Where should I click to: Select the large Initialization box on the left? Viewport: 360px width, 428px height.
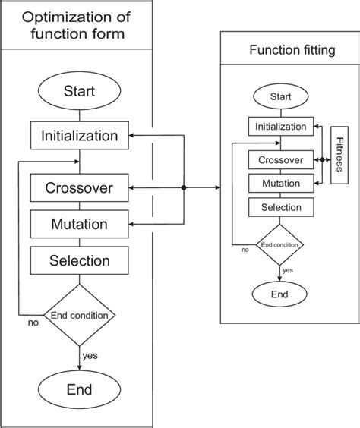[x=80, y=137]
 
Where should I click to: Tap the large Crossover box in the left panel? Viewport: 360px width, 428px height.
[x=80, y=187]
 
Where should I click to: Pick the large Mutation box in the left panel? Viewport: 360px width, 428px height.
[x=80, y=225]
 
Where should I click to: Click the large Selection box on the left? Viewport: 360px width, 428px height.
[x=80, y=261]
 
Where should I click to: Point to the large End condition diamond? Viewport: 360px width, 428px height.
[x=80, y=314]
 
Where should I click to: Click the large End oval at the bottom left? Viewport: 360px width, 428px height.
[x=80, y=389]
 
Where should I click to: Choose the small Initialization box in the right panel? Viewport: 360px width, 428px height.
[x=281, y=127]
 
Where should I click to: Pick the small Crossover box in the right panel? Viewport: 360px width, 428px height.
[x=281, y=160]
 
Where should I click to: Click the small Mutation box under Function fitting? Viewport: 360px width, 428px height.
[x=281, y=183]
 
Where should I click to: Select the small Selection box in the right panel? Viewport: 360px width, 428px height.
[x=281, y=207]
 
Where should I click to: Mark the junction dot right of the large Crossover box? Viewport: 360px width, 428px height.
[x=185, y=187]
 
